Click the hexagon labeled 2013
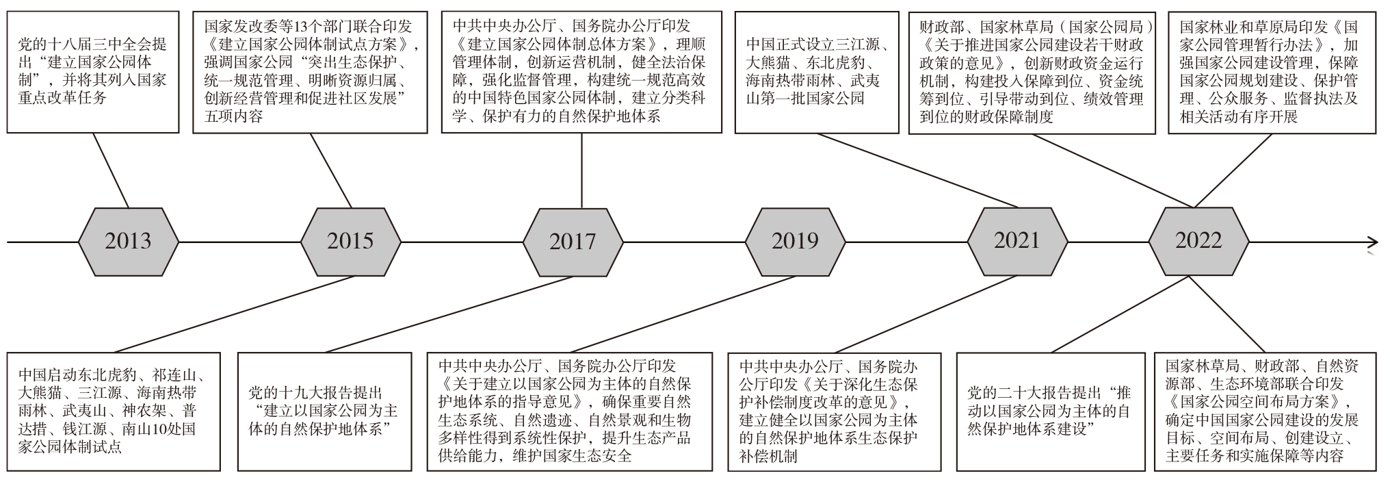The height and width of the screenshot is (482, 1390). click(129, 241)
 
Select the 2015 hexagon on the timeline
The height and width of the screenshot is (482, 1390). click(351, 241)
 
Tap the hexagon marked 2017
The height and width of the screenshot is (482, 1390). click(573, 241)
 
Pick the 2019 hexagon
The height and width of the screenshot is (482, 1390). click(795, 241)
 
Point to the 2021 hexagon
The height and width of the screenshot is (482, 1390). click(1017, 241)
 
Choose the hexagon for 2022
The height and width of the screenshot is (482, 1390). click(1198, 241)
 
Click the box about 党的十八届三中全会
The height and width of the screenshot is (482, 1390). click(93, 72)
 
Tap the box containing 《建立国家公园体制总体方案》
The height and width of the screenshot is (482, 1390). click(581, 72)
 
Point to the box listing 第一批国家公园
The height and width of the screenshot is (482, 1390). click(817, 72)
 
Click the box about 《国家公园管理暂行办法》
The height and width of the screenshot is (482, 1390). click(1272, 72)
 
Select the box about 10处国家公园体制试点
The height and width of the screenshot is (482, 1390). click(114, 411)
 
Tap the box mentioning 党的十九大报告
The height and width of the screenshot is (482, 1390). click(324, 411)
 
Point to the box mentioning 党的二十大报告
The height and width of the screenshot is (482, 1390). click(1051, 411)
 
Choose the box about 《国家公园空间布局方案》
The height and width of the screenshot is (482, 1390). click(1266, 411)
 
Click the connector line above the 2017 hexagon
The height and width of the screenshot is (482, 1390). click(581, 170)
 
